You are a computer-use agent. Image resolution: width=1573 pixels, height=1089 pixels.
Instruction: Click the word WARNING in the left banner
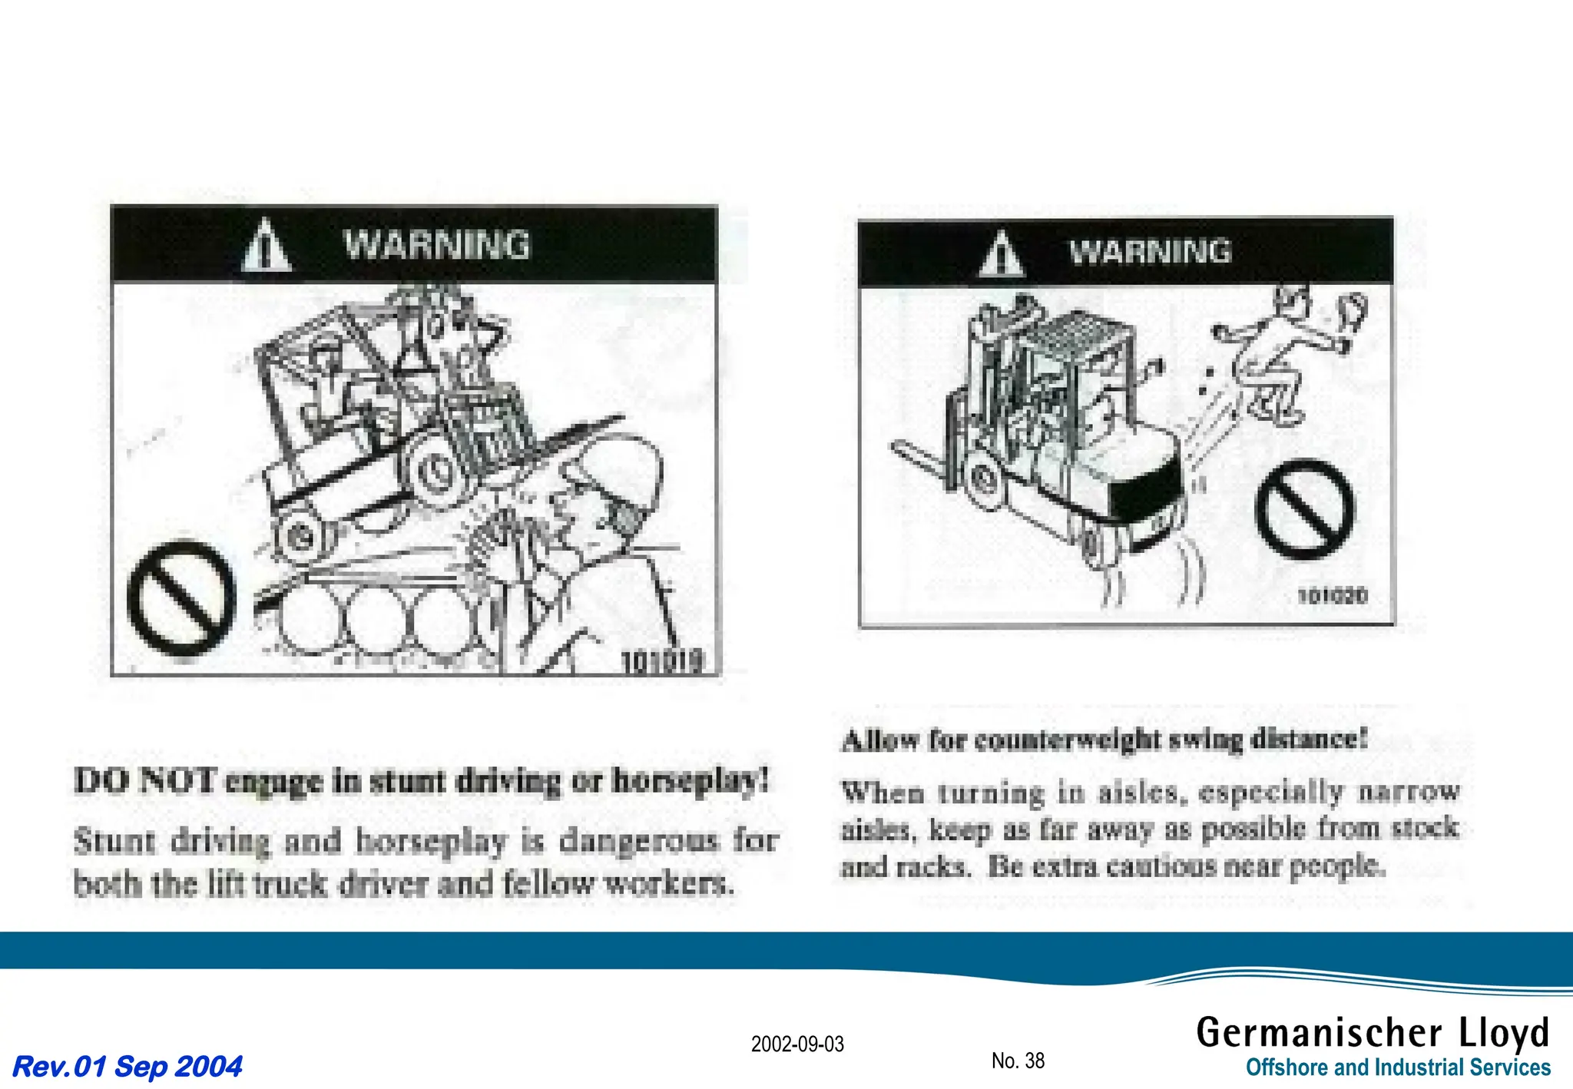coord(436,245)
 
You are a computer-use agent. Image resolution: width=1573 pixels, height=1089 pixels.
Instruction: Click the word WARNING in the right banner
coord(1150,251)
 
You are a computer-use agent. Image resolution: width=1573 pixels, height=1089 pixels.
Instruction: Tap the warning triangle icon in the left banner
coord(266,246)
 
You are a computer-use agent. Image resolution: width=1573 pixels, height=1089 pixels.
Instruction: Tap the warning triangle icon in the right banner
coord(1001,254)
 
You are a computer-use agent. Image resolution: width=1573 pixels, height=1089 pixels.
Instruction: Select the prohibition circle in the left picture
coord(181,597)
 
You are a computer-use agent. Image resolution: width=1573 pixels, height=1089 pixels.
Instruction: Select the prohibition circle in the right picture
coord(1304,508)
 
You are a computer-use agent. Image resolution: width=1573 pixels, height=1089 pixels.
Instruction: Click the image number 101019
coord(661,660)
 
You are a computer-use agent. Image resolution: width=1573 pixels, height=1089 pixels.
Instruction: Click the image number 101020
coord(1332,596)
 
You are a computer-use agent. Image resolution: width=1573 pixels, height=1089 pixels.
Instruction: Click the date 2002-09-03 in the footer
coord(796,1044)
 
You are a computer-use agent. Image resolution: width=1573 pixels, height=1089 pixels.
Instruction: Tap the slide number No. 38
coord(1018,1061)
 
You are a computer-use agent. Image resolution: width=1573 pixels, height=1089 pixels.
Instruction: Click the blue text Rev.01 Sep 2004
coord(127,1066)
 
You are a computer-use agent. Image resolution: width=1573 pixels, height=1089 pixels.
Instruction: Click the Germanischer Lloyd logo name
coord(1373,1032)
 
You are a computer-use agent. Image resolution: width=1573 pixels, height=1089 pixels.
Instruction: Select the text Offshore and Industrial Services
coord(1397,1067)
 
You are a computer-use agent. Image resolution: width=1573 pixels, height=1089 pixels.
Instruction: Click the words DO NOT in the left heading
coord(144,781)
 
